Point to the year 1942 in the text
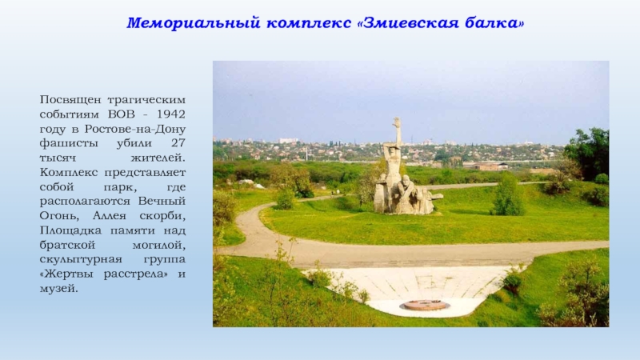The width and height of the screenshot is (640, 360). point(171,114)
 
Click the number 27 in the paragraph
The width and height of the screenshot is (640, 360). point(178,143)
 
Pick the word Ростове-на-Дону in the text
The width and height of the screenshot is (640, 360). point(135,129)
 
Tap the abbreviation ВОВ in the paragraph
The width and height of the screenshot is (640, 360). point(122,114)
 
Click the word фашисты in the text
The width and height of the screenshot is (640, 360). point(69,143)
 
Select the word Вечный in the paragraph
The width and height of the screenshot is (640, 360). point(162,202)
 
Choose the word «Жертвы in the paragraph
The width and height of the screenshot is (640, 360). point(68,274)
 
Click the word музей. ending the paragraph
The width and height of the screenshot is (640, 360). point(58,289)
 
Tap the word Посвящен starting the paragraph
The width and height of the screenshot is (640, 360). point(70,100)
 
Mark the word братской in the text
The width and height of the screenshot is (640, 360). point(67,245)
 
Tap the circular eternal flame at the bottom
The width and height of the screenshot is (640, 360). point(425,305)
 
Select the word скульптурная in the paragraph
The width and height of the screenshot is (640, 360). point(81,259)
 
